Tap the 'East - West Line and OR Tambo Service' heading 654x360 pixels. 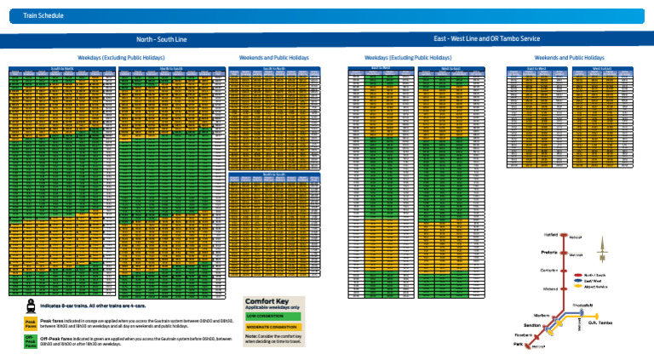486,39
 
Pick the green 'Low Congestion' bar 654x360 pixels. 272,316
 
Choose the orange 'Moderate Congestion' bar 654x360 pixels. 272,327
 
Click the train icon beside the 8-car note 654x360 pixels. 30,305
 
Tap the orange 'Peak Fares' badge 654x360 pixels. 30,324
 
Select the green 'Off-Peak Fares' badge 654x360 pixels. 30,342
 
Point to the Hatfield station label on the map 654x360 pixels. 551,233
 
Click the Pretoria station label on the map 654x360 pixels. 549,252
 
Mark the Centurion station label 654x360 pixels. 549,271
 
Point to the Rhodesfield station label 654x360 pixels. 583,305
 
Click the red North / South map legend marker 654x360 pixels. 577,276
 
